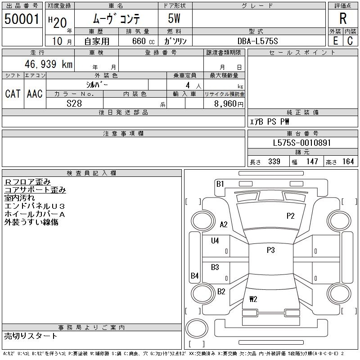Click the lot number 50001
pos(22,18)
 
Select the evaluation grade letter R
pos(343,18)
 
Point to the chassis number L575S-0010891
pos(302,143)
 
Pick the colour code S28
pos(74,103)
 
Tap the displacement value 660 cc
pos(138,41)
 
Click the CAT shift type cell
pos(13,94)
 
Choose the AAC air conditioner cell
pos(35,94)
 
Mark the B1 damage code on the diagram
pos(220,183)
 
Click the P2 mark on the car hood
pos(290,216)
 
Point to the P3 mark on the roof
pos(270,250)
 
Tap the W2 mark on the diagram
pos(253,299)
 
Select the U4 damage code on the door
pos(215,241)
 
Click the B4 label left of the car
pos(194,275)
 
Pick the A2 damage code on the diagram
pos(224,225)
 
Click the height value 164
pos(348,162)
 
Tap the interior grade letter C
pos(350,41)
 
